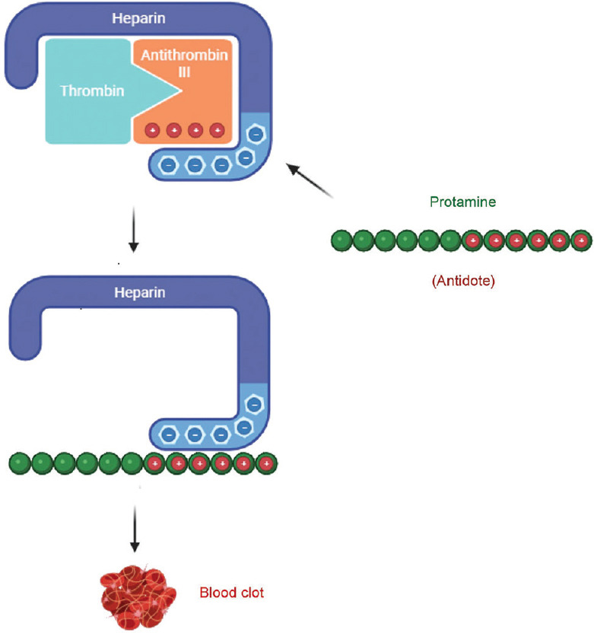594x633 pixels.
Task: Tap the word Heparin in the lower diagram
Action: (x=139, y=292)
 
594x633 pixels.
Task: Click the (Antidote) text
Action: (x=463, y=281)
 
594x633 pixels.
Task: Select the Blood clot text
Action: (x=232, y=592)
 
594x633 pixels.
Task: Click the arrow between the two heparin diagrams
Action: (x=133, y=228)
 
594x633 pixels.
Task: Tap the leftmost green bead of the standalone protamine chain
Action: (x=341, y=241)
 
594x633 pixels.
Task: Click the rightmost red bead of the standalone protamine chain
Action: (x=581, y=241)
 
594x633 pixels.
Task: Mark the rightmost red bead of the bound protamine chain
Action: (x=266, y=463)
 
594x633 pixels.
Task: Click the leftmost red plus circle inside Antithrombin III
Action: (x=152, y=130)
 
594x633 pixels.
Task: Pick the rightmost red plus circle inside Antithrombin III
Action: (x=218, y=130)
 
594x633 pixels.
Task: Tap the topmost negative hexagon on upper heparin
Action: (x=256, y=134)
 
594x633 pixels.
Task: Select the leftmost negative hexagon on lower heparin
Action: (x=170, y=435)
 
